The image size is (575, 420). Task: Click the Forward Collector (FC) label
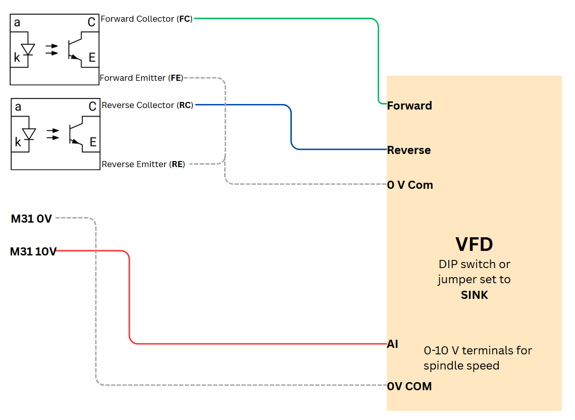(147, 19)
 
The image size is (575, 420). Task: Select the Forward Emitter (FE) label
(141, 78)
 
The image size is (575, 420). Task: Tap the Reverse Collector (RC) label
(147, 106)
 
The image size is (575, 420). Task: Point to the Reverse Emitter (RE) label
(143, 165)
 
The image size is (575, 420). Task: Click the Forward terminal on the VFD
(409, 106)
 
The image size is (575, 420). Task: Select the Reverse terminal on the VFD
(409, 150)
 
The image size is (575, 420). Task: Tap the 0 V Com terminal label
(410, 185)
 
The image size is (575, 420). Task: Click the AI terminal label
(393, 344)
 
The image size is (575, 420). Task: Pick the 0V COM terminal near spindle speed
(409, 386)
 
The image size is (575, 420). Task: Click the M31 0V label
(31, 219)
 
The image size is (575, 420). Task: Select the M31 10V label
(33, 251)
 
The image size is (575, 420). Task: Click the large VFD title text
(474, 244)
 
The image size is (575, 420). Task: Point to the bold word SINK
(475, 295)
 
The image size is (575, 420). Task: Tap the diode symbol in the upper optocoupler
(28, 49)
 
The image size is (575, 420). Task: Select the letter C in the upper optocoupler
(91, 22)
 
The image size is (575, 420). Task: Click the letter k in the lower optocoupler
(18, 142)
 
